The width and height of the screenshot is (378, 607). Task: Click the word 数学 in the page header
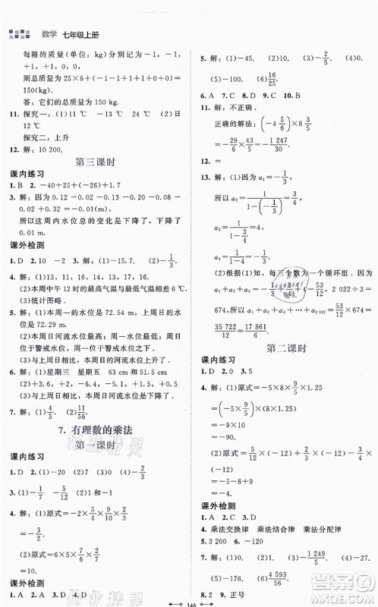click(x=37, y=33)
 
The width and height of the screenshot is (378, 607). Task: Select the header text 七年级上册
click(x=71, y=33)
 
